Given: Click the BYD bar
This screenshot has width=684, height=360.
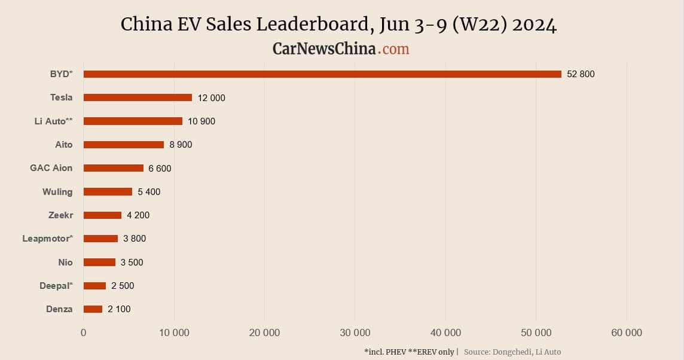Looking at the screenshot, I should (x=322, y=74).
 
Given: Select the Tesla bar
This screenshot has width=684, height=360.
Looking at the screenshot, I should (x=138, y=97).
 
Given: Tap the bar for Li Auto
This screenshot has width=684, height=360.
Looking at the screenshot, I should (x=133, y=121).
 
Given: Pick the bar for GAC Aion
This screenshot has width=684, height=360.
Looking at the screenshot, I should (x=114, y=168).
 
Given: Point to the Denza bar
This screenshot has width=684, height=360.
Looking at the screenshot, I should (x=93, y=309).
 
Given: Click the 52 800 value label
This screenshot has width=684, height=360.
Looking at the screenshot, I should (x=581, y=74).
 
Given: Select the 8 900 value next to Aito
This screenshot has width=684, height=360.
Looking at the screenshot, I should (x=181, y=145).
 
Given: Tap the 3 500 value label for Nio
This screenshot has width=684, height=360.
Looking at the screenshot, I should (x=132, y=263).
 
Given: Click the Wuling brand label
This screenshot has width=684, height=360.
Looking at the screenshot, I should (x=57, y=192).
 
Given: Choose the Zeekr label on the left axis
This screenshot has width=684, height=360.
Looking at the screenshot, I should (x=60, y=215).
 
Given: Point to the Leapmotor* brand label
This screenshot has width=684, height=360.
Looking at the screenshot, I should (x=47, y=239).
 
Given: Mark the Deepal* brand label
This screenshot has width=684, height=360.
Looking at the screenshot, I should (x=56, y=286).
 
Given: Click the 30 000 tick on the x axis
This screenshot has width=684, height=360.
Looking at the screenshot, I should (x=355, y=333).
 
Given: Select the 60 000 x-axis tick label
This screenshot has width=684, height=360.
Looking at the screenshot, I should (x=626, y=333).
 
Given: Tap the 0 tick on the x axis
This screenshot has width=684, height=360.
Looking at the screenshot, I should (x=84, y=333).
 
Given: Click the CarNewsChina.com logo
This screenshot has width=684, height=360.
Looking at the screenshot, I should (x=341, y=48).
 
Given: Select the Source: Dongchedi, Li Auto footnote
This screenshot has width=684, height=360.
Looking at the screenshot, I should (x=512, y=352).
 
